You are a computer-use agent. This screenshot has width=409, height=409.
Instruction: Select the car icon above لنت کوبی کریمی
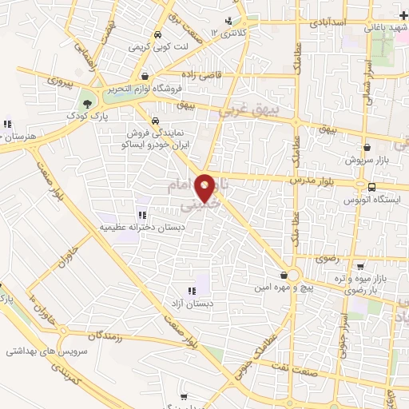coord(158,35)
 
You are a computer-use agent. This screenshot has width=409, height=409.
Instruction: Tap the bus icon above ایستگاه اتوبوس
coord(371,186)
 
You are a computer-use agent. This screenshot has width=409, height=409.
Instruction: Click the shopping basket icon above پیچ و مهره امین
coord(284,275)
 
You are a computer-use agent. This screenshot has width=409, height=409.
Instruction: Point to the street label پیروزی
coord(59,81)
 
